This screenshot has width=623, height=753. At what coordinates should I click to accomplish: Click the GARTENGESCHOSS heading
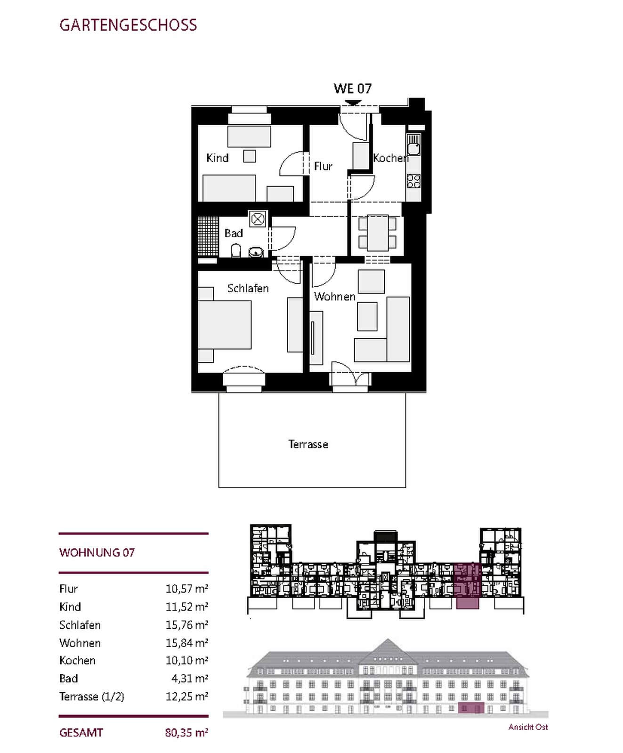click(x=128, y=25)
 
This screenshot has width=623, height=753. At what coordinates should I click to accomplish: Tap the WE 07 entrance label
click(x=353, y=88)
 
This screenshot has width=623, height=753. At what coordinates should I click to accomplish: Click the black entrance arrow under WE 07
click(x=352, y=103)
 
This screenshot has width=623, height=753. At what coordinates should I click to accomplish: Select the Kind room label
click(x=218, y=158)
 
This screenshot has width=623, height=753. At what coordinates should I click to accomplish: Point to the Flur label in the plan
click(x=323, y=166)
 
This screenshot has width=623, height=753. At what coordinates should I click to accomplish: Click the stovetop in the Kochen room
click(x=413, y=181)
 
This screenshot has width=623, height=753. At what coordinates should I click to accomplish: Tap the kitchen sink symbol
click(x=413, y=144)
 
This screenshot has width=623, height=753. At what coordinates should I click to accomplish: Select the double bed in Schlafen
click(x=224, y=325)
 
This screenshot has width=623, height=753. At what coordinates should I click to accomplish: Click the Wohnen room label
click(x=335, y=296)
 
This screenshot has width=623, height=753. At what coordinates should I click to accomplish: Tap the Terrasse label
click(x=308, y=444)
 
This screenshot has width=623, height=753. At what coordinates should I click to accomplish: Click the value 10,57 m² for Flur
click(x=187, y=589)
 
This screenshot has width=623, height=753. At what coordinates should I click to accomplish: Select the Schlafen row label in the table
click(x=80, y=625)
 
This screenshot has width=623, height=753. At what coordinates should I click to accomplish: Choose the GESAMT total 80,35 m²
click(x=187, y=733)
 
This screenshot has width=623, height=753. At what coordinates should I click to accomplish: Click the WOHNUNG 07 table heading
click(x=97, y=553)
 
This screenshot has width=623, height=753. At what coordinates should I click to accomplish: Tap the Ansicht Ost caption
click(x=528, y=727)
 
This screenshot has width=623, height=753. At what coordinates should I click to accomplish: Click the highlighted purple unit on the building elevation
click(x=471, y=707)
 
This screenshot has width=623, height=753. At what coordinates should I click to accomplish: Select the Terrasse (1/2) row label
click(x=92, y=697)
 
